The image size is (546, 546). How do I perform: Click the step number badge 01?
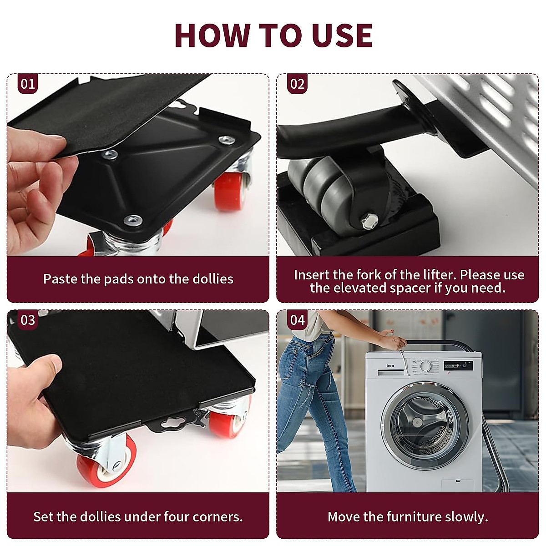click(x=27, y=84)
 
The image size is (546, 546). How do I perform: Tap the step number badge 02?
click(x=297, y=84)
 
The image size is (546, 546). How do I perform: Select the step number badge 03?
click(x=27, y=320)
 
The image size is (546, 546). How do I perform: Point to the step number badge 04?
click(x=297, y=320)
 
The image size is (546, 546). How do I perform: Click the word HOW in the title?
click(x=212, y=35)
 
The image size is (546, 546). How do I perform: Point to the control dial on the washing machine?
click(x=425, y=366)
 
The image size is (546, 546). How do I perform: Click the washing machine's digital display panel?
click(x=458, y=365)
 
